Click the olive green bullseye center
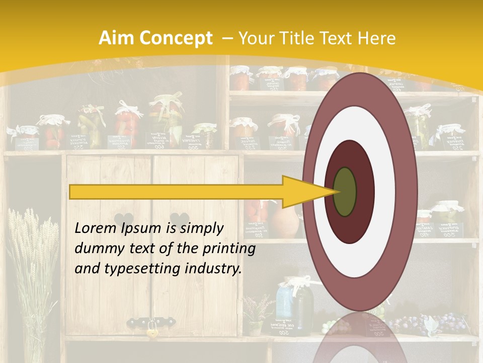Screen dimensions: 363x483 (x=345, y=192)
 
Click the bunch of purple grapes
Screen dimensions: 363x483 (x=443, y=320)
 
